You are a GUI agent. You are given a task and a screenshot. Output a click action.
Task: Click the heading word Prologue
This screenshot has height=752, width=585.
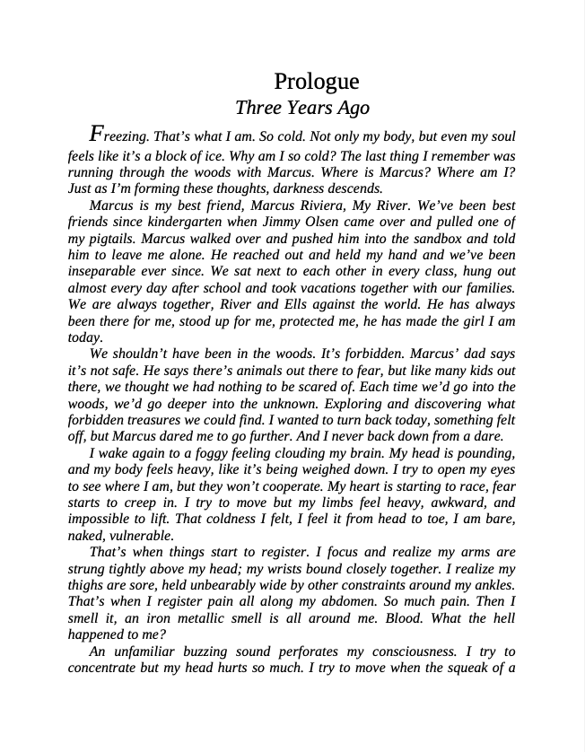pos(316,82)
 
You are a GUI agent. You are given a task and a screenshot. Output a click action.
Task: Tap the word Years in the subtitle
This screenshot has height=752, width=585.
pos(308,108)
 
